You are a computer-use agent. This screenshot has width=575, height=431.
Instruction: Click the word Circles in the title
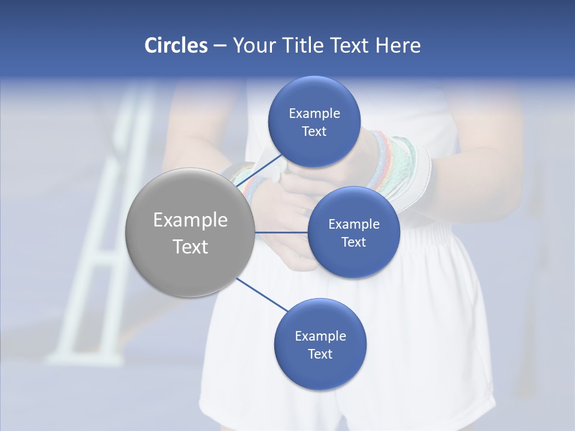[x=175, y=45]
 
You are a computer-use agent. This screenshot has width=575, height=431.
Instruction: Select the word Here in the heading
[x=398, y=45]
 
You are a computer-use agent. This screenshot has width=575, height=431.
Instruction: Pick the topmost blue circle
[x=314, y=122]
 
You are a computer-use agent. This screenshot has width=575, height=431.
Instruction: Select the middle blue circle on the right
[x=353, y=232]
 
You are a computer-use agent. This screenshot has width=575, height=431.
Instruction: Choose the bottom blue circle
[x=320, y=345]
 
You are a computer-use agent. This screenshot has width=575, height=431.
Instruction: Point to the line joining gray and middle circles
[x=282, y=232]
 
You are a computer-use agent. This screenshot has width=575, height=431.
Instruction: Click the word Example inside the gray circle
[x=190, y=220]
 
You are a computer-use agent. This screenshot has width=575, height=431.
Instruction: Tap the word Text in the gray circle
[x=190, y=247]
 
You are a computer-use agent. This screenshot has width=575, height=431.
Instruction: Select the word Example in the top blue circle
[x=314, y=114]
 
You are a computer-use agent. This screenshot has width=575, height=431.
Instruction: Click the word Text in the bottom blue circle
[x=320, y=354]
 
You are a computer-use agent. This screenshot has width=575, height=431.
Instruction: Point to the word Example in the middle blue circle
[x=353, y=224]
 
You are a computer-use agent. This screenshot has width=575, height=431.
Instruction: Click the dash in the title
[x=220, y=45]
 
